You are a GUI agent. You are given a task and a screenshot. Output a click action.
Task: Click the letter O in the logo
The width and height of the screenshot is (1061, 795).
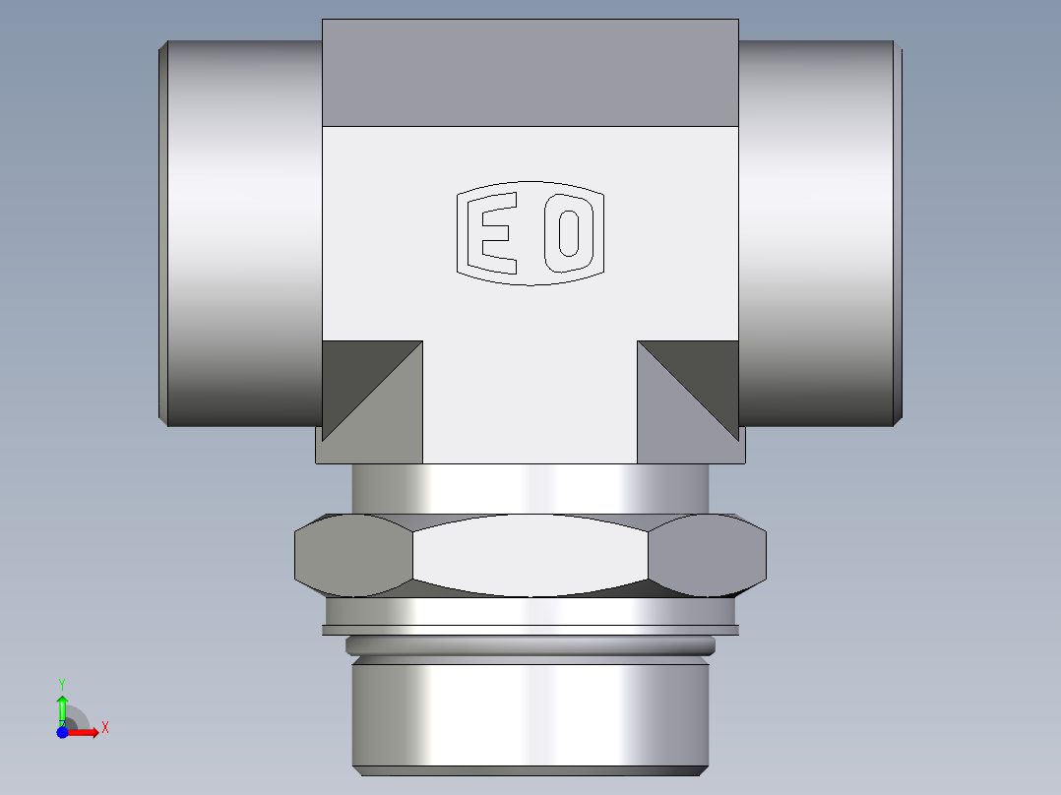tap(568, 233)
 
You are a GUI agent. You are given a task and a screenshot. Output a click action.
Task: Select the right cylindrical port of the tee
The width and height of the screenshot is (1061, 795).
tap(817, 233)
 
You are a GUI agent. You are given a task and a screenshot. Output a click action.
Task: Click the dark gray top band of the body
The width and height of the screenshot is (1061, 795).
tap(530, 73)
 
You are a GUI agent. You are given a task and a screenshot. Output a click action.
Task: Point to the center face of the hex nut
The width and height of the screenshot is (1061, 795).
tap(530, 556)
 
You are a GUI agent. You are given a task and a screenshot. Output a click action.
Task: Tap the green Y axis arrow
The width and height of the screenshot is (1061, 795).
tap(62, 706)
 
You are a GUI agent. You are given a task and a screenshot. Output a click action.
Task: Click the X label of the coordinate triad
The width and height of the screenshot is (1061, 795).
tap(104, 728)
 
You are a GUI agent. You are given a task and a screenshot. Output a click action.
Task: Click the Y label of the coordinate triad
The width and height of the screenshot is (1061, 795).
tap(62, 683)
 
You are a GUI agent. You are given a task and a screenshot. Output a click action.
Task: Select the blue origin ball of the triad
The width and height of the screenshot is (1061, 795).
tap(62, 732)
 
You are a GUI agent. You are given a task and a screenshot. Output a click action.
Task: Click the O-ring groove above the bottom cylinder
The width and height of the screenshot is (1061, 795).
tap(530, 646)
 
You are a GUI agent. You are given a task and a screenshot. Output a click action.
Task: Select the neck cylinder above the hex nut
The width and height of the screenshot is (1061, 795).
tap(530, 488)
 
